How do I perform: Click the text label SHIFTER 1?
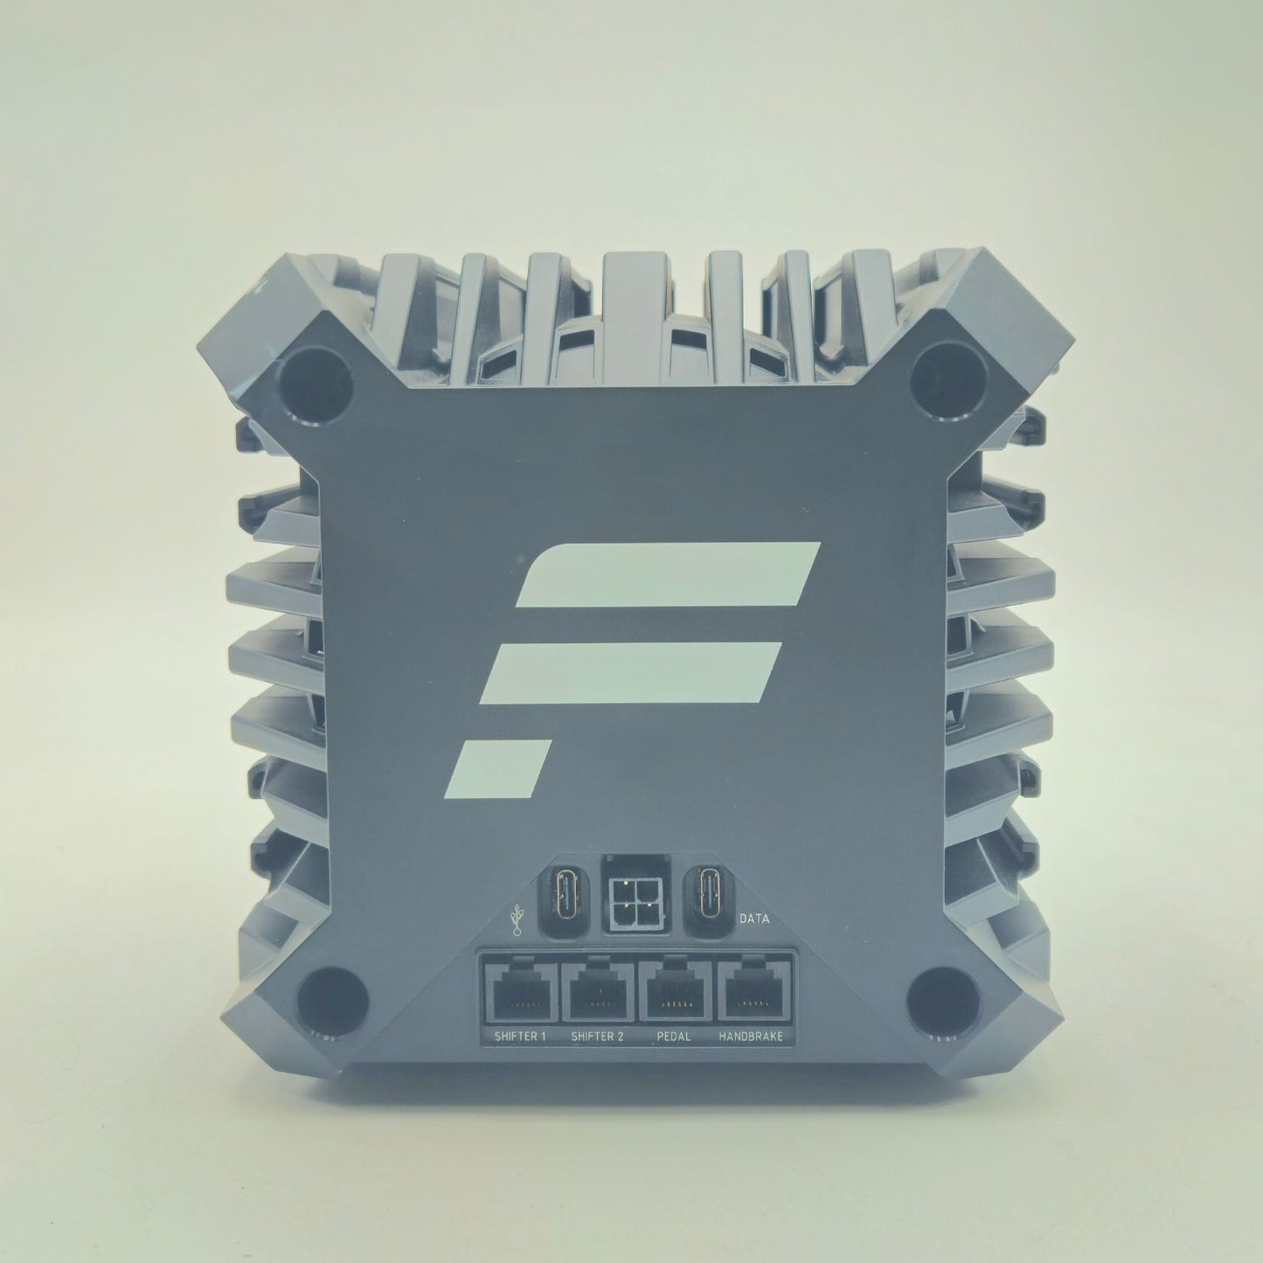(x=519, y=1037)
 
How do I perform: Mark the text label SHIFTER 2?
(x=597, y=1037)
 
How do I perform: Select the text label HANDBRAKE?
(x=751, y=1037)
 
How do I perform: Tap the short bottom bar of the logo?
(x=502, y=766)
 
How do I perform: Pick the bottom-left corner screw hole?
(x=323, y=995)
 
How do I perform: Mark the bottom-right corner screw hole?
(x=935, y=995)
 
